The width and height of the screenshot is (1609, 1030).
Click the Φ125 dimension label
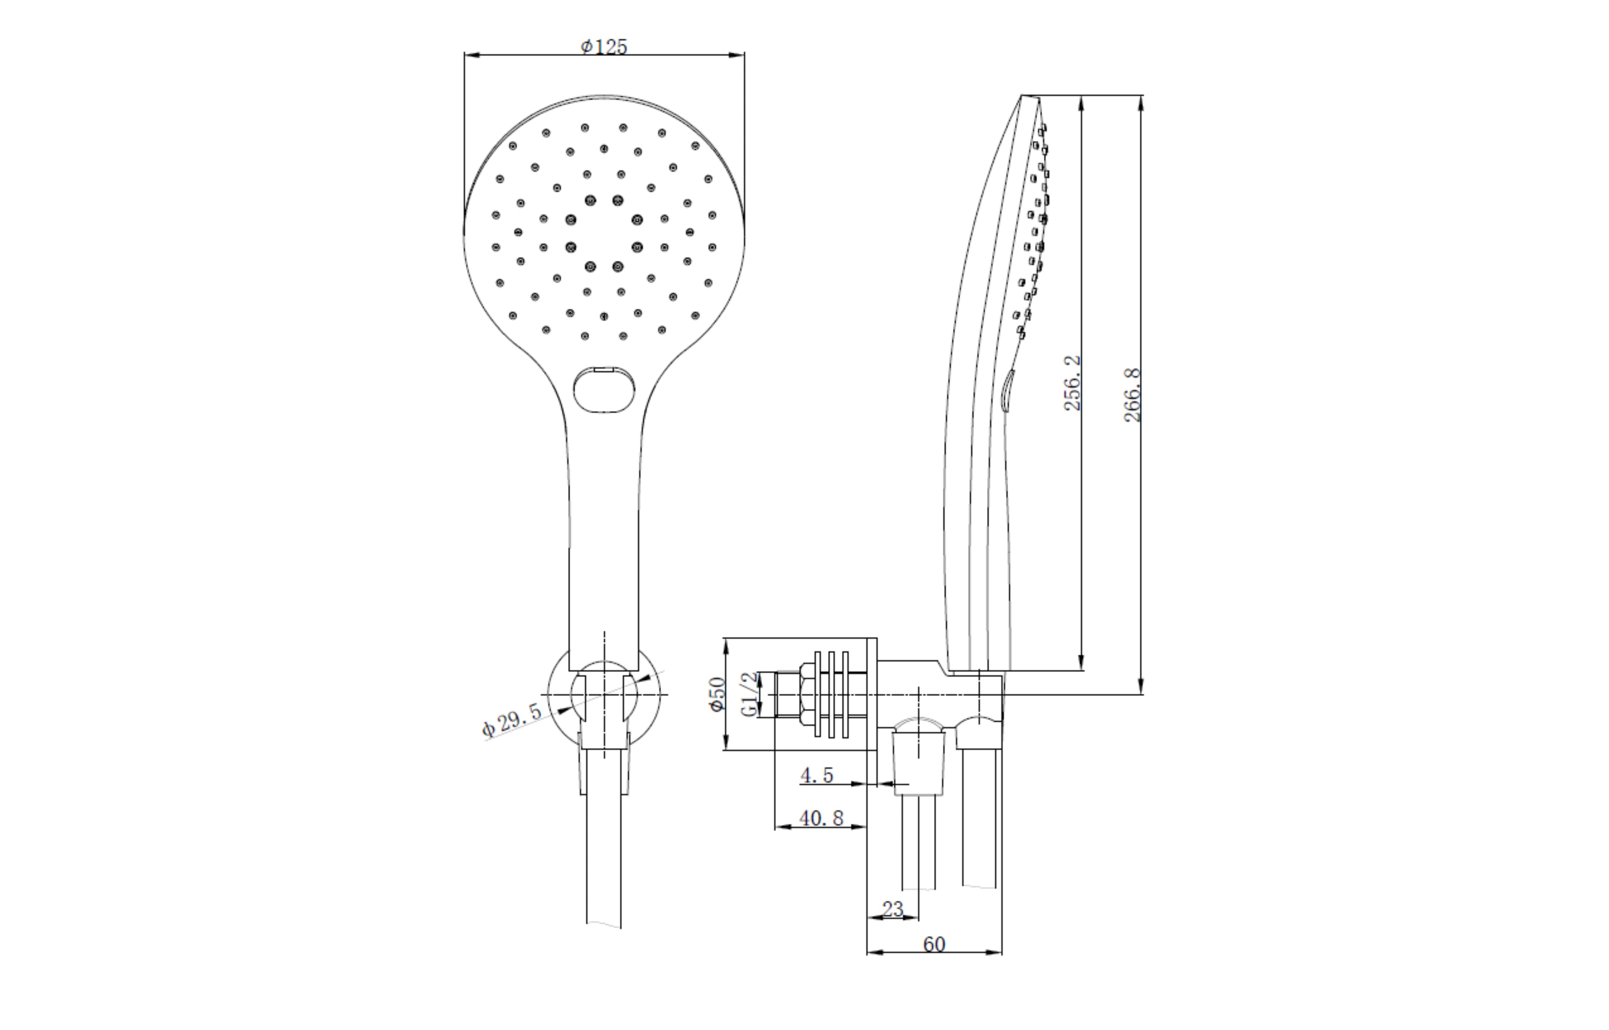click(x=604, y=47)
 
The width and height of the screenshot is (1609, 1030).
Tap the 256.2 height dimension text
click(x=1072, y=383)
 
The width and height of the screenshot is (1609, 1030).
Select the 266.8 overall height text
click(x=1132, y=395)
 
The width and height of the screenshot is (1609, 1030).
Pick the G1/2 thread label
click(x=752, y=694)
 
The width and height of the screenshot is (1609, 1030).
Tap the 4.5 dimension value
click(x=817, y=775)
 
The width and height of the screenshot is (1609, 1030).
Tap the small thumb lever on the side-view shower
click(x=1007, y=391)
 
